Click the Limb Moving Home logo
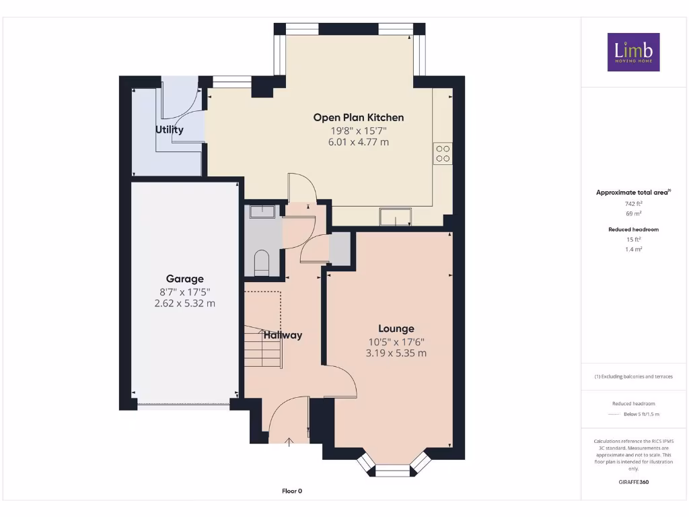click(x=633, y=52)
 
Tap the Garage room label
click(x=184, y=279)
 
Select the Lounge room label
click(x=396, y=329)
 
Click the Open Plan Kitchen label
click(x=358, y=117)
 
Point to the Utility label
click(x=170, y=129)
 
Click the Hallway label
click(x=283, y=335)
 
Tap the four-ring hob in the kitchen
click(x=443, y=154)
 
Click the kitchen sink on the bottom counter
click(x=395, y=217)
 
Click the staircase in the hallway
click(x=261, y=346)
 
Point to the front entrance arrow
click(x=289, y=442)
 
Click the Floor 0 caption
click(x=292, y=491)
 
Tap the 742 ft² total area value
click(x=632, y=203)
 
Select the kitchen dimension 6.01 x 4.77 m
click(x=358, y=142)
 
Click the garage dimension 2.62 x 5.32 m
click(x=184, y=303)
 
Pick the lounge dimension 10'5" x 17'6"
click(x=396, y=341)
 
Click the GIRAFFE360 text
click(x=633, y=482)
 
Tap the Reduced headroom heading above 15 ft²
click(x=633, y=230)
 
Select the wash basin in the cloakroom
click(x=262, y=212)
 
